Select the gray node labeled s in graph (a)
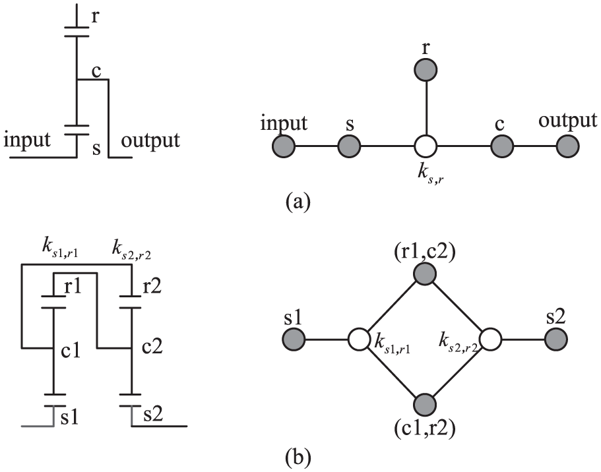pos(350,146)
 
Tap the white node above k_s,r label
pos(426,146)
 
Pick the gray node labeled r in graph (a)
pos(426,69)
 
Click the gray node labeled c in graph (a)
pos(503,146)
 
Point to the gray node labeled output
pos(567,146)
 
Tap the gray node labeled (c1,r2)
pos(426,405)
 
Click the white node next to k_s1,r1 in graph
pos(359,340)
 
